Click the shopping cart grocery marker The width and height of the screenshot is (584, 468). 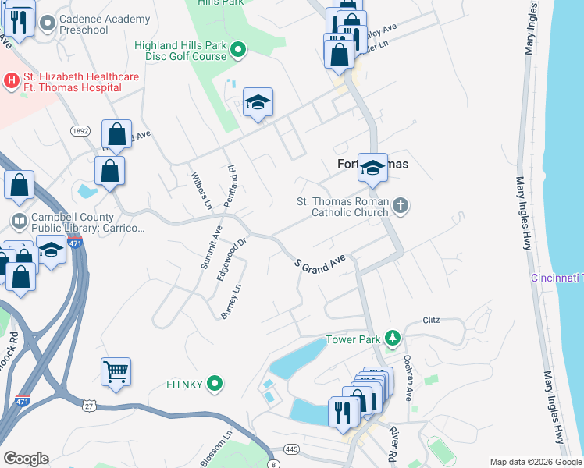point(116,373)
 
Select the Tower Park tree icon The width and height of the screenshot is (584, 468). point(394,339)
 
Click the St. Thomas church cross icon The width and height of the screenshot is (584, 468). point(400,206)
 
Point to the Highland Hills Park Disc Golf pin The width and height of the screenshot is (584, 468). point(240,51)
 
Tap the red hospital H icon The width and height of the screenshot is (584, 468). point(12,80)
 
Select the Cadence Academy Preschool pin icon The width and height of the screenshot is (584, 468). point(47,23)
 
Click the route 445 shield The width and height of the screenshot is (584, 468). point(292,449)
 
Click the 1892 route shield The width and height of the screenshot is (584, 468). point(80,131)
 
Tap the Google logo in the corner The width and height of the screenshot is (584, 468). point(26,459)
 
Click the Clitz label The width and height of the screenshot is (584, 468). point(432,320)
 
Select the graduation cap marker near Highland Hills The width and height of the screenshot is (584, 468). point(258,103)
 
